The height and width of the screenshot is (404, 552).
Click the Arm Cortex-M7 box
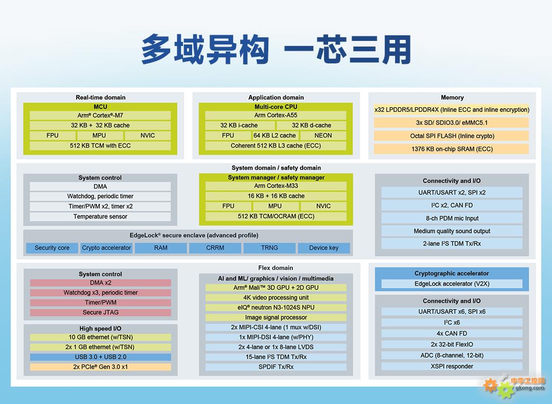click(x=100, y=116)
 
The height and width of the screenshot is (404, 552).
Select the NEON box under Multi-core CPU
click(x=323, y=136)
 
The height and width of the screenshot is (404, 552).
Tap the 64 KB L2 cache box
click(x=275, y=136)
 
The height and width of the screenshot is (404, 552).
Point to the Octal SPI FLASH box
click(x=451, y=136)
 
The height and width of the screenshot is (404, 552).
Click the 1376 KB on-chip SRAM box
click(x=451, y=149)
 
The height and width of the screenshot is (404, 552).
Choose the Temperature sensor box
click(x=100, y=217)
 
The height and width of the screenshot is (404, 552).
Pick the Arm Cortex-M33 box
click(x=276, y=186)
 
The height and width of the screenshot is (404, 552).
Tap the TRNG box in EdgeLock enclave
click(x=270, y=248)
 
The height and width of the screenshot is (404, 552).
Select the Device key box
click(x=324, y=248)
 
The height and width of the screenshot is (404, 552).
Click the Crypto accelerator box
click(x=106, y=248)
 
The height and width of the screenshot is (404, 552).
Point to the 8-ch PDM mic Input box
click(x=452, y=218)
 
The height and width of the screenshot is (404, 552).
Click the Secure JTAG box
click(x=100, y=312)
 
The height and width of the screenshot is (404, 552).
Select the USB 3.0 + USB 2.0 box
click(x=100, y=357)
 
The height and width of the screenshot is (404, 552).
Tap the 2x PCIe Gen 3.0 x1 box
click(x=100, y=367)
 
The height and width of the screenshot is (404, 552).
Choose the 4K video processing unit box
click(x=276, y=298)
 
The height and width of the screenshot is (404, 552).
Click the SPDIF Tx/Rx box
click(x=276, y=367)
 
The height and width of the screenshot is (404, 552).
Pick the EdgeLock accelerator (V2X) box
click(x=452, y=284)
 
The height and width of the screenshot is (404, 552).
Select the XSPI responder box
click(x=452, y=366)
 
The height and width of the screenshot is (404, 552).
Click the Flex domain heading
click(x=275, y=268)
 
